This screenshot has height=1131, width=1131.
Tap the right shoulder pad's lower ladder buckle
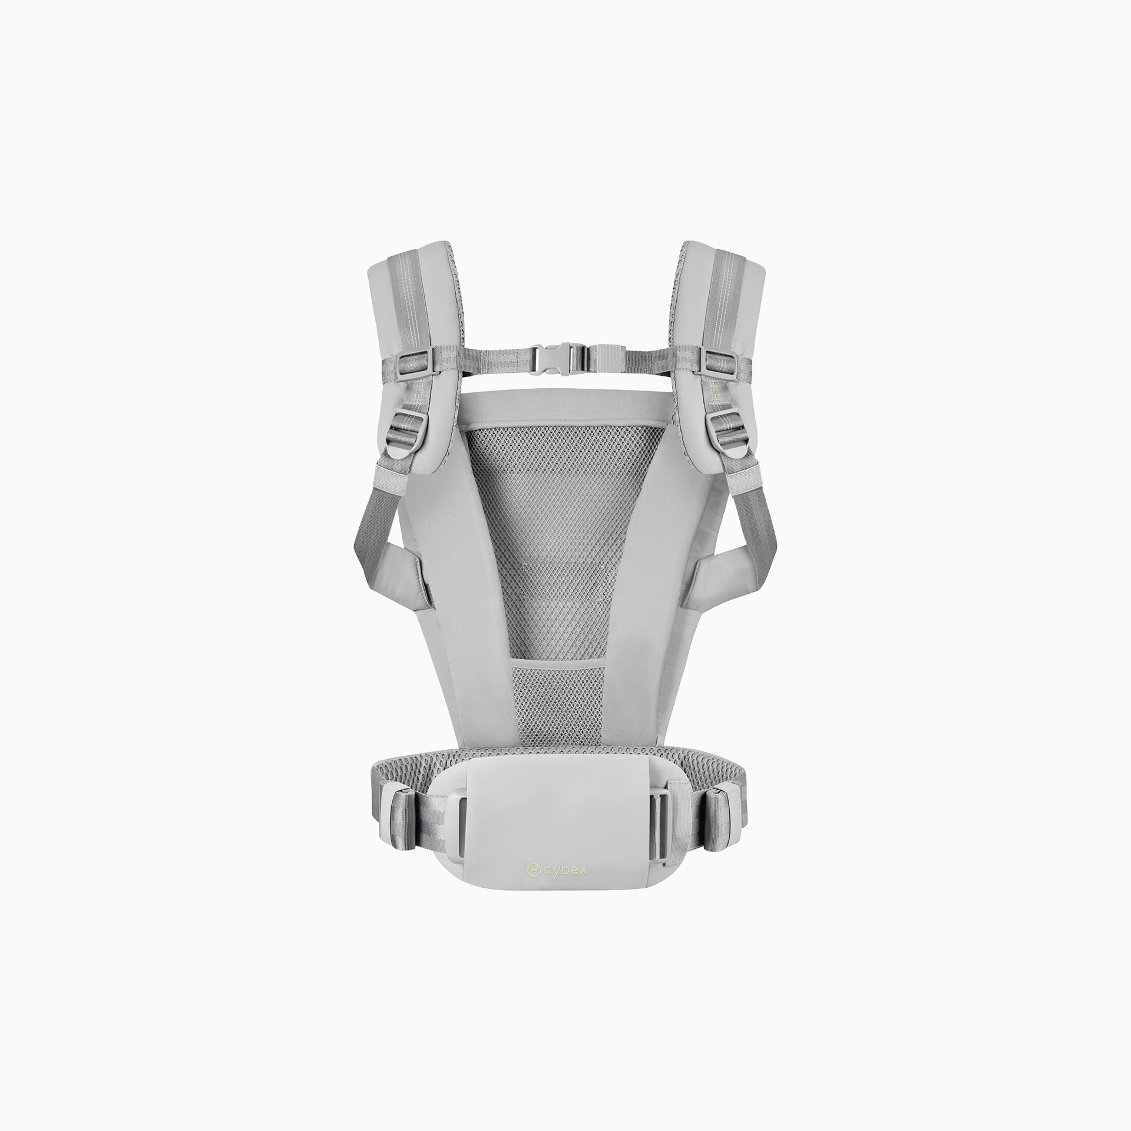[x=721, y=427]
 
